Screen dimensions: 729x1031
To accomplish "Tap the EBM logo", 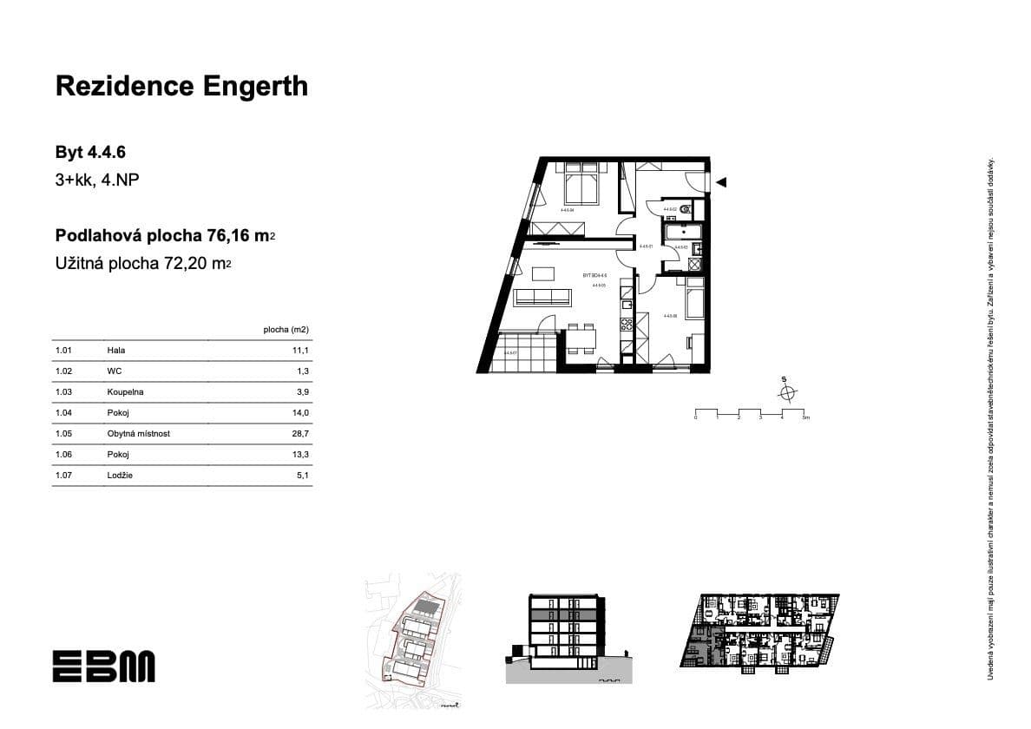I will coord(103,666).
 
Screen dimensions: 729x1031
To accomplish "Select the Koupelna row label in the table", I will coord(126,392).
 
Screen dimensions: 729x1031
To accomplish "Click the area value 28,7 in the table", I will coord(302,434).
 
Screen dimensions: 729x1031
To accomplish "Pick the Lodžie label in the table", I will coord(121,476).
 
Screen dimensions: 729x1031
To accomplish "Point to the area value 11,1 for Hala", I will coord(302,351).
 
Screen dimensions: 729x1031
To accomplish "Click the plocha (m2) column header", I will coord(286,330).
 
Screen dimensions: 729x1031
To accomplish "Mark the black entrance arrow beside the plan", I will coord(721,182).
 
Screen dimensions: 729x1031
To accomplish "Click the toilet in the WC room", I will coord(686,208).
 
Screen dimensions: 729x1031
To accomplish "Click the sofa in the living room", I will coord(542,299).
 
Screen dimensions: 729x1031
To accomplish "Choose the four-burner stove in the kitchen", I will coord(627,325).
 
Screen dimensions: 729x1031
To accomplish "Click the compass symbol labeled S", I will coord(787,393).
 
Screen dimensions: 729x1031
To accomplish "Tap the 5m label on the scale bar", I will coord(805,418).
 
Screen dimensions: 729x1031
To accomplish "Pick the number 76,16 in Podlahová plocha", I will coord(230,235).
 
